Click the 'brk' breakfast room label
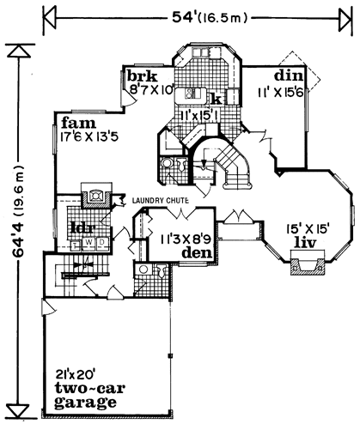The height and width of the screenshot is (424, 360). pyautogui.click(x=142, y=76)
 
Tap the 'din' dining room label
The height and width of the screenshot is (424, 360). pyautogui.click(x=289, y=76)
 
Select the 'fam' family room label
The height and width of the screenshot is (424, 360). pyautogui.click(x=78, y=124)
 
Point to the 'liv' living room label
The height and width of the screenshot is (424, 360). pyautogui.click(x=306, y=243)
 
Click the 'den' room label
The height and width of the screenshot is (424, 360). pyautogui.click(x=197, y=252)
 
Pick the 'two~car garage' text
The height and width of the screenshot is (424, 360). pyautogui.click(x=89, y=395)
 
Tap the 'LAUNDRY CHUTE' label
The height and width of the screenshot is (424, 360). pyautogui.click(x=160, y=201)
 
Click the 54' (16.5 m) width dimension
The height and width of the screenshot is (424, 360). pyautogui.click(x=209, y=18)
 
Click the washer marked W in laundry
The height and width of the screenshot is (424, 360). pyautogui.click(x=89, y=242)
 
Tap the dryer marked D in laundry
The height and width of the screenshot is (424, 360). pyautogui.click(x=102, y=242)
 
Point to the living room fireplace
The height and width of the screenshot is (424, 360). pyautogui.click(x=308, y=263)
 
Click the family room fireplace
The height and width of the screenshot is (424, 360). pyautogui.click(x=95, y=196)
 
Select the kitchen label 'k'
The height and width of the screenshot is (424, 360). pyautogui.click(x=217, y=100)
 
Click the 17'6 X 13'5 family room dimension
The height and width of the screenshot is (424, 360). pyautogui.click(x=89, y=136)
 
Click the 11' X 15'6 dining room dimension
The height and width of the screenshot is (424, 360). pyautogui.click(x=281, y=93)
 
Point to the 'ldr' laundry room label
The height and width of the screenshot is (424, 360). pyautogui.click(x=83, y=228)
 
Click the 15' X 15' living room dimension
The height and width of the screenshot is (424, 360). pyautogui.click(x=308, y=229)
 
